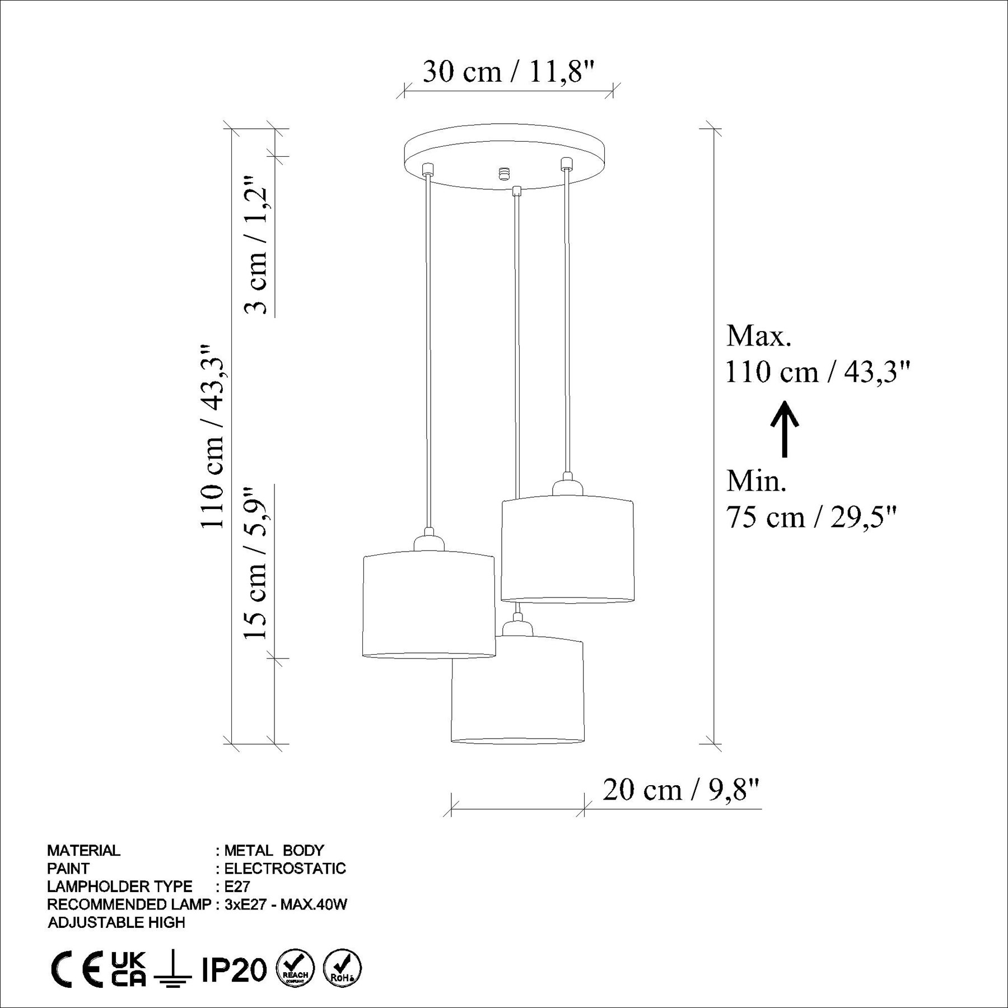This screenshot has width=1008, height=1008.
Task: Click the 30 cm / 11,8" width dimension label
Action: tap(508, 72)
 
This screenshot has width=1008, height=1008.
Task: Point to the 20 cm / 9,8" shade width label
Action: tap(681, 790)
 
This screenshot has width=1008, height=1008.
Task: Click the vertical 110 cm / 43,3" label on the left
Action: tap(212, 436)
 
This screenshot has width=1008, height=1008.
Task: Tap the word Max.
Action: tap(759, 335)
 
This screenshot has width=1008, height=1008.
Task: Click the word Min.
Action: tap(757, 480)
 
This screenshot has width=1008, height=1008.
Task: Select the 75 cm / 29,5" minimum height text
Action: tap(811, 516)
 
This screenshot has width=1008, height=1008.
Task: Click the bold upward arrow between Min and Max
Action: tap(785, 429)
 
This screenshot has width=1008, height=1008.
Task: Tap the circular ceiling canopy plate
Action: tap(505, 156)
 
